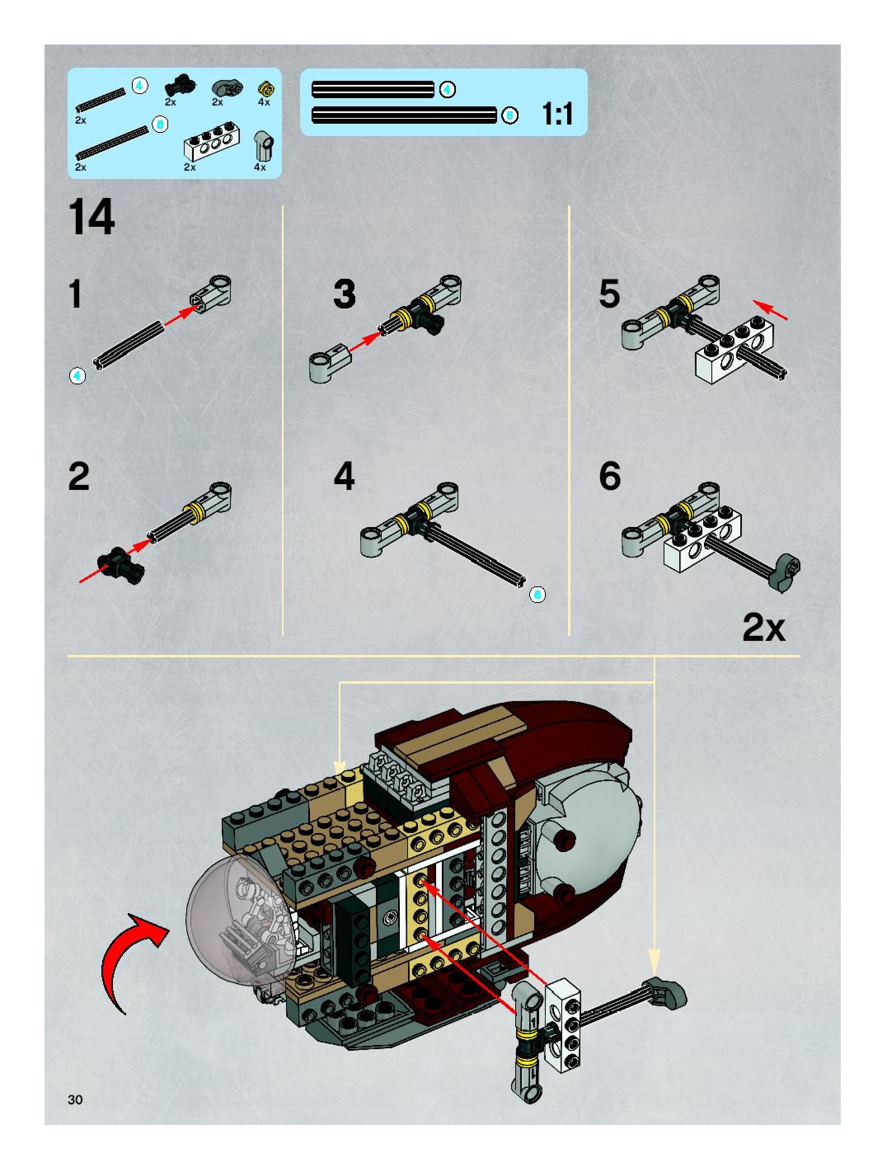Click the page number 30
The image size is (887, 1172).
[75, 1099]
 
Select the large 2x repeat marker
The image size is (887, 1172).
[764, 628]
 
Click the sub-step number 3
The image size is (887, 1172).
[344, 294]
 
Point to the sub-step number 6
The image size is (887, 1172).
[610, 476]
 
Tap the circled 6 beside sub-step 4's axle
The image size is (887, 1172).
[537, 595]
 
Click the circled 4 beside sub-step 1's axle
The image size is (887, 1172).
[77, 376]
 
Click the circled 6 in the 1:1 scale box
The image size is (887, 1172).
[509, 115]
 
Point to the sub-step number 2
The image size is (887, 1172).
[79, 476]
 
